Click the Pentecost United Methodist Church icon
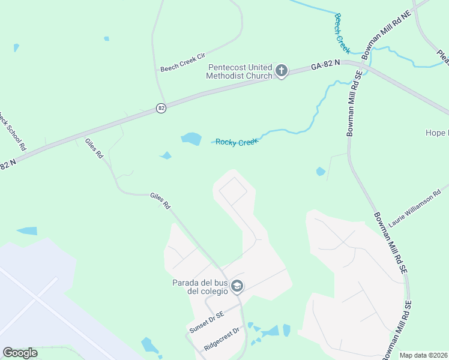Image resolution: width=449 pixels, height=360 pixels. pyautogui.click(x=281, y=72)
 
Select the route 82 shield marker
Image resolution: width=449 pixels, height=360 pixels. pyautogui.click(x=161, y=108)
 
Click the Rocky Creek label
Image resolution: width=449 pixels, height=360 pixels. pyautogui.click(x=237, y=142)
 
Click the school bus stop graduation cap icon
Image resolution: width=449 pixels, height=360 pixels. pyautogui.click(x=237, y=286)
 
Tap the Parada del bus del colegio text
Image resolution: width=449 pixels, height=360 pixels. pyautogui.click(x=200, y=287)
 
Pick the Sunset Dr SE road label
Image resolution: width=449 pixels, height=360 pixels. pyautogui.click(x=206, y=323)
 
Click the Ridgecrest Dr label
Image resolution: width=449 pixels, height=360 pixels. pyautogui.click(x=221, y=339)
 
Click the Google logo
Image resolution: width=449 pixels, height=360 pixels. pyautogui.click(x=20, y=352)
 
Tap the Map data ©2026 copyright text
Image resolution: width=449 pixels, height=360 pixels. pyautogui.click(x=423, y=355)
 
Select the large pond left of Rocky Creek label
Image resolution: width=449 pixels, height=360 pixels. pyautogui.click(x=191, y=139)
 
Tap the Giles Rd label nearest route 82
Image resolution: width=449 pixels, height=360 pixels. pyautogui.click(x=94, y=148)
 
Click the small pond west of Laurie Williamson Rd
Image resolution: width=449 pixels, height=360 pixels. pyautogui.click(x=321, y=172)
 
